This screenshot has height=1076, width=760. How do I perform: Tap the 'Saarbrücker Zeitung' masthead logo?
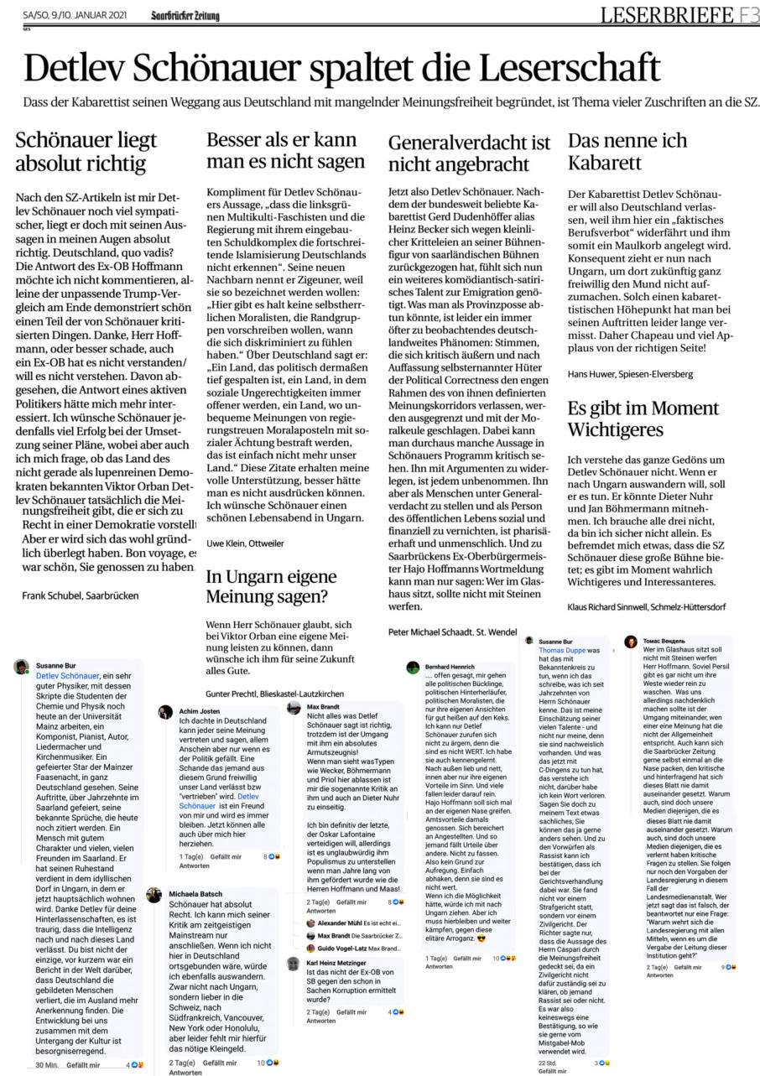point(185,15)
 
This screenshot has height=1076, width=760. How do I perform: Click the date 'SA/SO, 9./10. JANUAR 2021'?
point(75,15)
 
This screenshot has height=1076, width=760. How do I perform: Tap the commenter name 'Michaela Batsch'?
point(195,893)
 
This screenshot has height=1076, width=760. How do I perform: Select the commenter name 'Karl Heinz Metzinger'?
point(336,963)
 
